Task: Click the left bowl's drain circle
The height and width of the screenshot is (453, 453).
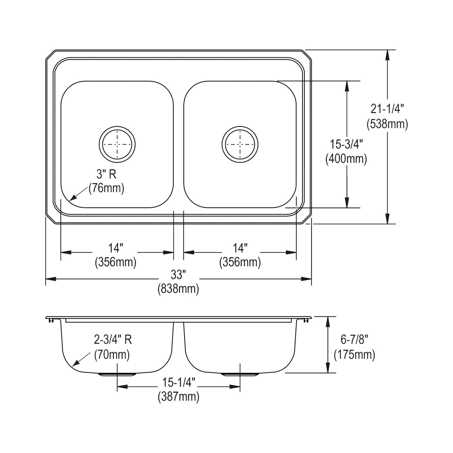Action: (117, 144)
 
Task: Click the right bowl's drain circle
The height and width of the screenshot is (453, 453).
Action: (240, 144)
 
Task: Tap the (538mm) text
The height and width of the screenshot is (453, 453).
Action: (387, 124)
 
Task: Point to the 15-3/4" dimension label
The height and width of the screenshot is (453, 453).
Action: (346, 144)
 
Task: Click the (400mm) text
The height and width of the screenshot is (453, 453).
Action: (346, 159)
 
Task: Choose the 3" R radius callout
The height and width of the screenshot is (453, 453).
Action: (106, 174)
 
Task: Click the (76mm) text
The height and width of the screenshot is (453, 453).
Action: (106, 188)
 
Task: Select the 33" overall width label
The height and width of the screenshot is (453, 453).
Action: (178, 275)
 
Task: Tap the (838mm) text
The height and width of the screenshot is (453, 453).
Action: (178, 289)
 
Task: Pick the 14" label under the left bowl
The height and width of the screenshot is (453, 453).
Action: (116, 248)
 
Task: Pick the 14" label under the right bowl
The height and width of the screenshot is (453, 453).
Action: (240, 248)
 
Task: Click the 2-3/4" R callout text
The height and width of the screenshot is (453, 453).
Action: (113, 340)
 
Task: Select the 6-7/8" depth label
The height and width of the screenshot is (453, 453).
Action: (354, 340)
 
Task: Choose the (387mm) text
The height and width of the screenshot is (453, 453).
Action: (178, 397)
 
